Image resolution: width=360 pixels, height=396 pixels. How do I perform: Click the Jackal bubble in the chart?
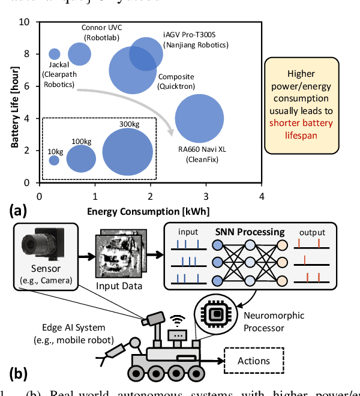[x=55, y=53]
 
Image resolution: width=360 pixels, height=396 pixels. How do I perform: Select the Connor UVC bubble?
[x=79, y=53]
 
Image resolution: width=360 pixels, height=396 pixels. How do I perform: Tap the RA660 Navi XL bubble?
[x=199, y=119]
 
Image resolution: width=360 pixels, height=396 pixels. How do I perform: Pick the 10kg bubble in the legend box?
[x=54, y=160]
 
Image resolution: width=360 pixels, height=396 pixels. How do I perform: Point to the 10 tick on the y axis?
[x=26, y=22]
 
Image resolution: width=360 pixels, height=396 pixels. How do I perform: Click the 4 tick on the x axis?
[x=262, y=196]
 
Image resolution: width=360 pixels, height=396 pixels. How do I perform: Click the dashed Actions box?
[x=254, y=361]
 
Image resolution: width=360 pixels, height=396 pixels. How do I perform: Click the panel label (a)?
[x=17, y=211]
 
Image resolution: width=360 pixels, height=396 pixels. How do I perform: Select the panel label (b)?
[x=17, y=373]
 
